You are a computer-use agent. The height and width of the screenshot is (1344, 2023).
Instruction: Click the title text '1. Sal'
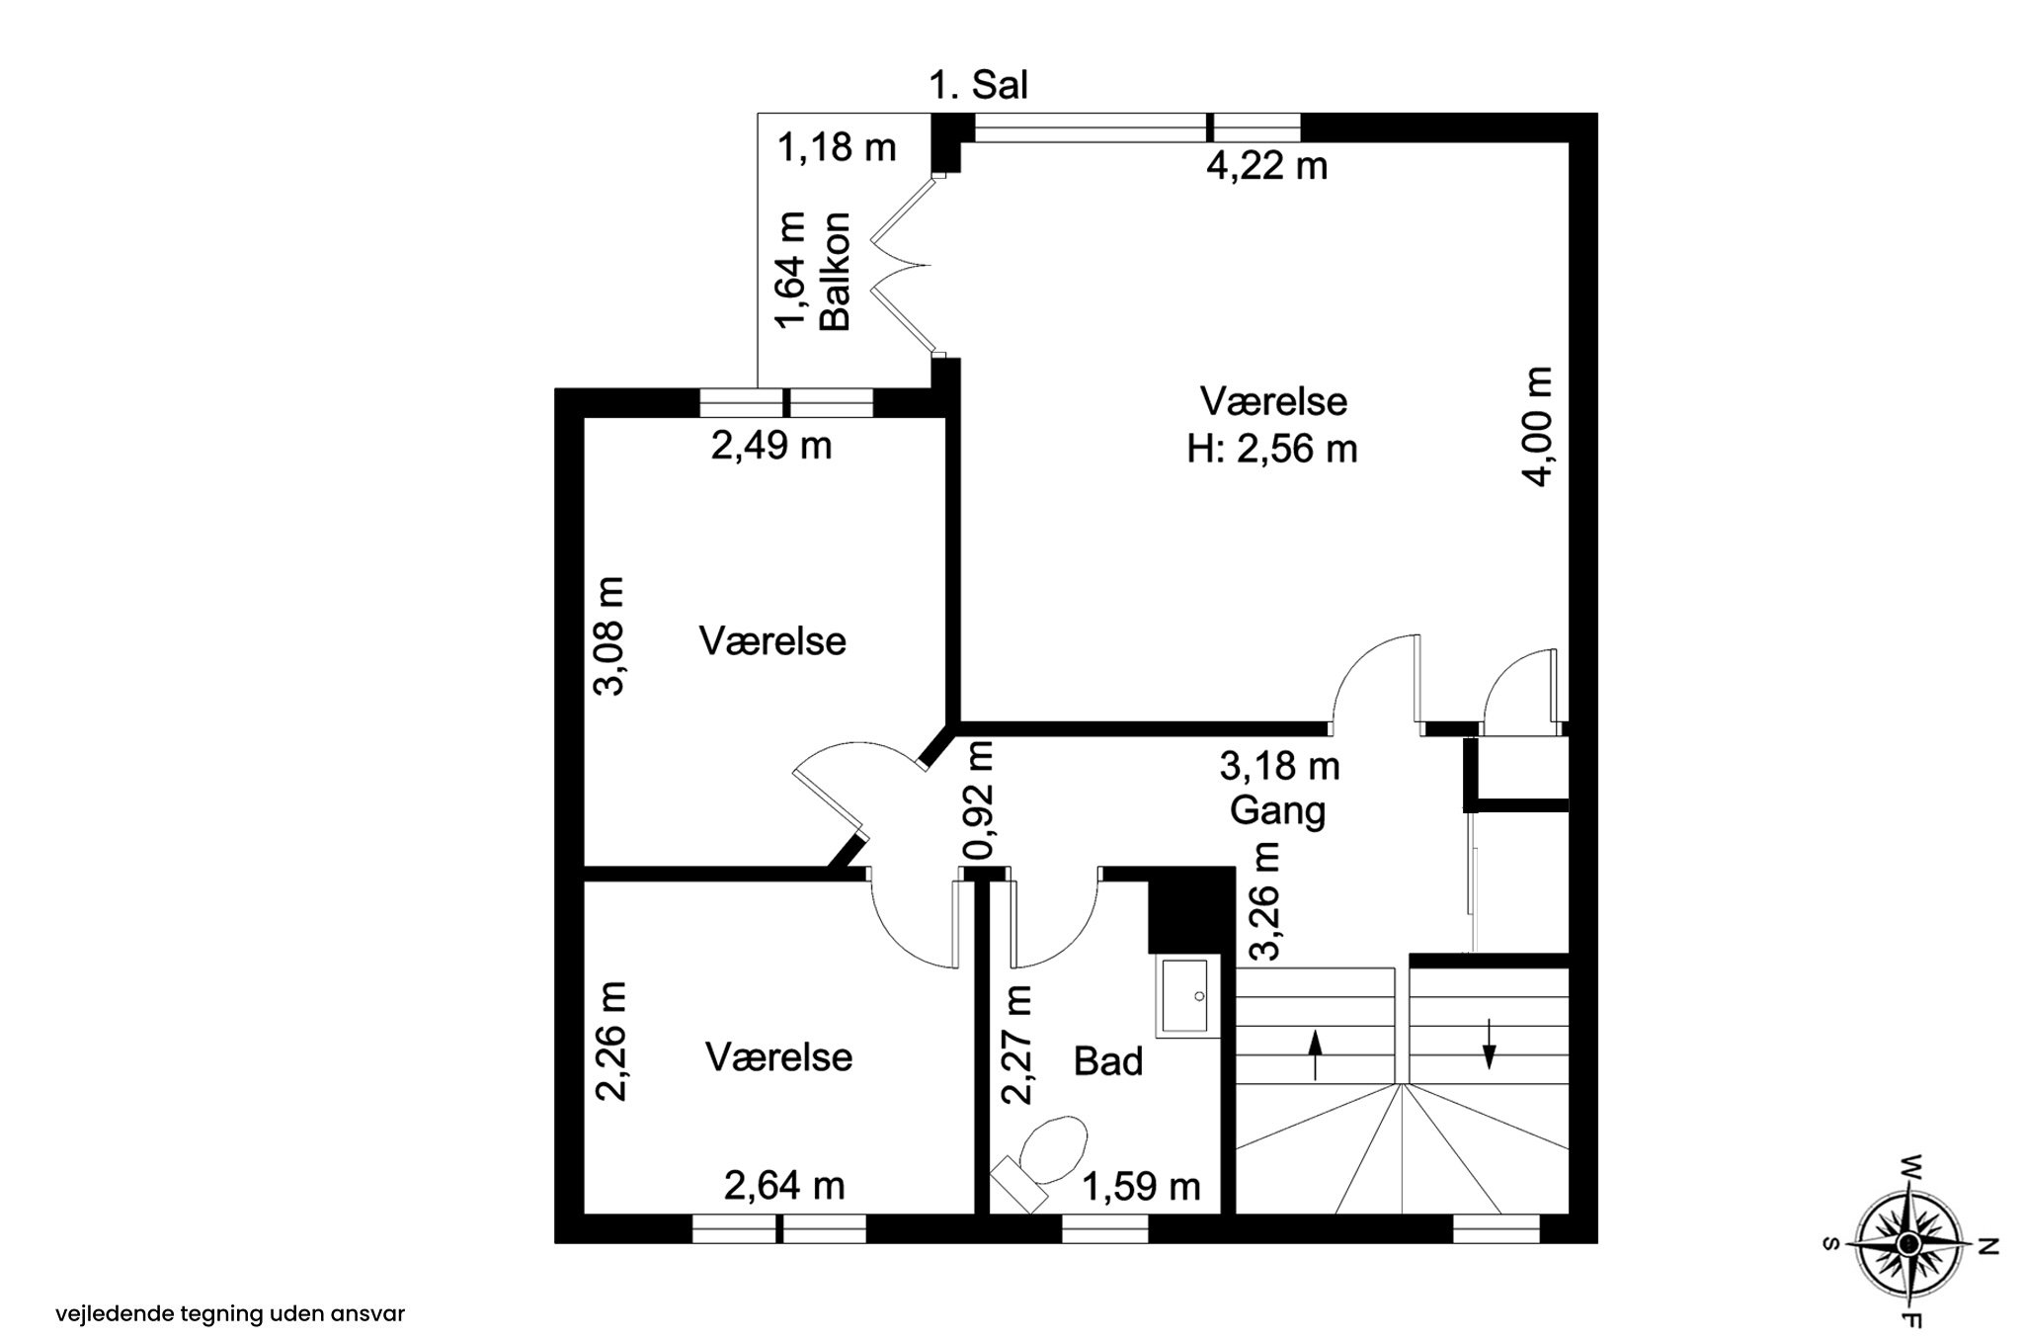(x=978, y=86)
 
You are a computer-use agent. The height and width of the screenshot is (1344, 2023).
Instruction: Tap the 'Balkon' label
(x=836, y=271)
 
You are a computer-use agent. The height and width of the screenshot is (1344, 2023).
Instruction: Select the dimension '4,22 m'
(x=1266, y=165)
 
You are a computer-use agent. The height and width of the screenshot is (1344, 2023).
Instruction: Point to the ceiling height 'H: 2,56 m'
(x=1272, y=450)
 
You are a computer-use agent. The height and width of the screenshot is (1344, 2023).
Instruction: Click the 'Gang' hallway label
(x=1277, y=810)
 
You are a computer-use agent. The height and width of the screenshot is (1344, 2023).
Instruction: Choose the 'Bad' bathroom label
(x=1108, y=1062)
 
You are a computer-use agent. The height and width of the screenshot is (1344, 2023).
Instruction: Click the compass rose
(x=1909, y=1242)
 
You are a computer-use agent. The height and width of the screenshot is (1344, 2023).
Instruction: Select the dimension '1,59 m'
(x=1142, y=1186)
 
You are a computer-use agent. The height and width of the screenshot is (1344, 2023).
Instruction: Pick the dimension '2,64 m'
(x=784, y=1185)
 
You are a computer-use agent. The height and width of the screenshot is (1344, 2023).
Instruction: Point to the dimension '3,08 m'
(x=611, y=636)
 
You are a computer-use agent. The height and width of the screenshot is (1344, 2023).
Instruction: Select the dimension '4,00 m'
(x=1539, y=426)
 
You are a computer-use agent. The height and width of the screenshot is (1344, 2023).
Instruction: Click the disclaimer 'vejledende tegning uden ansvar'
(x=230, y=1314)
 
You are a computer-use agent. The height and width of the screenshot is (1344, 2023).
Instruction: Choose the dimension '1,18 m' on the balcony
(x=837, y=148)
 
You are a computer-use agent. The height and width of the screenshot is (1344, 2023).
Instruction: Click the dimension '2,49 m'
(x=771, y=446)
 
